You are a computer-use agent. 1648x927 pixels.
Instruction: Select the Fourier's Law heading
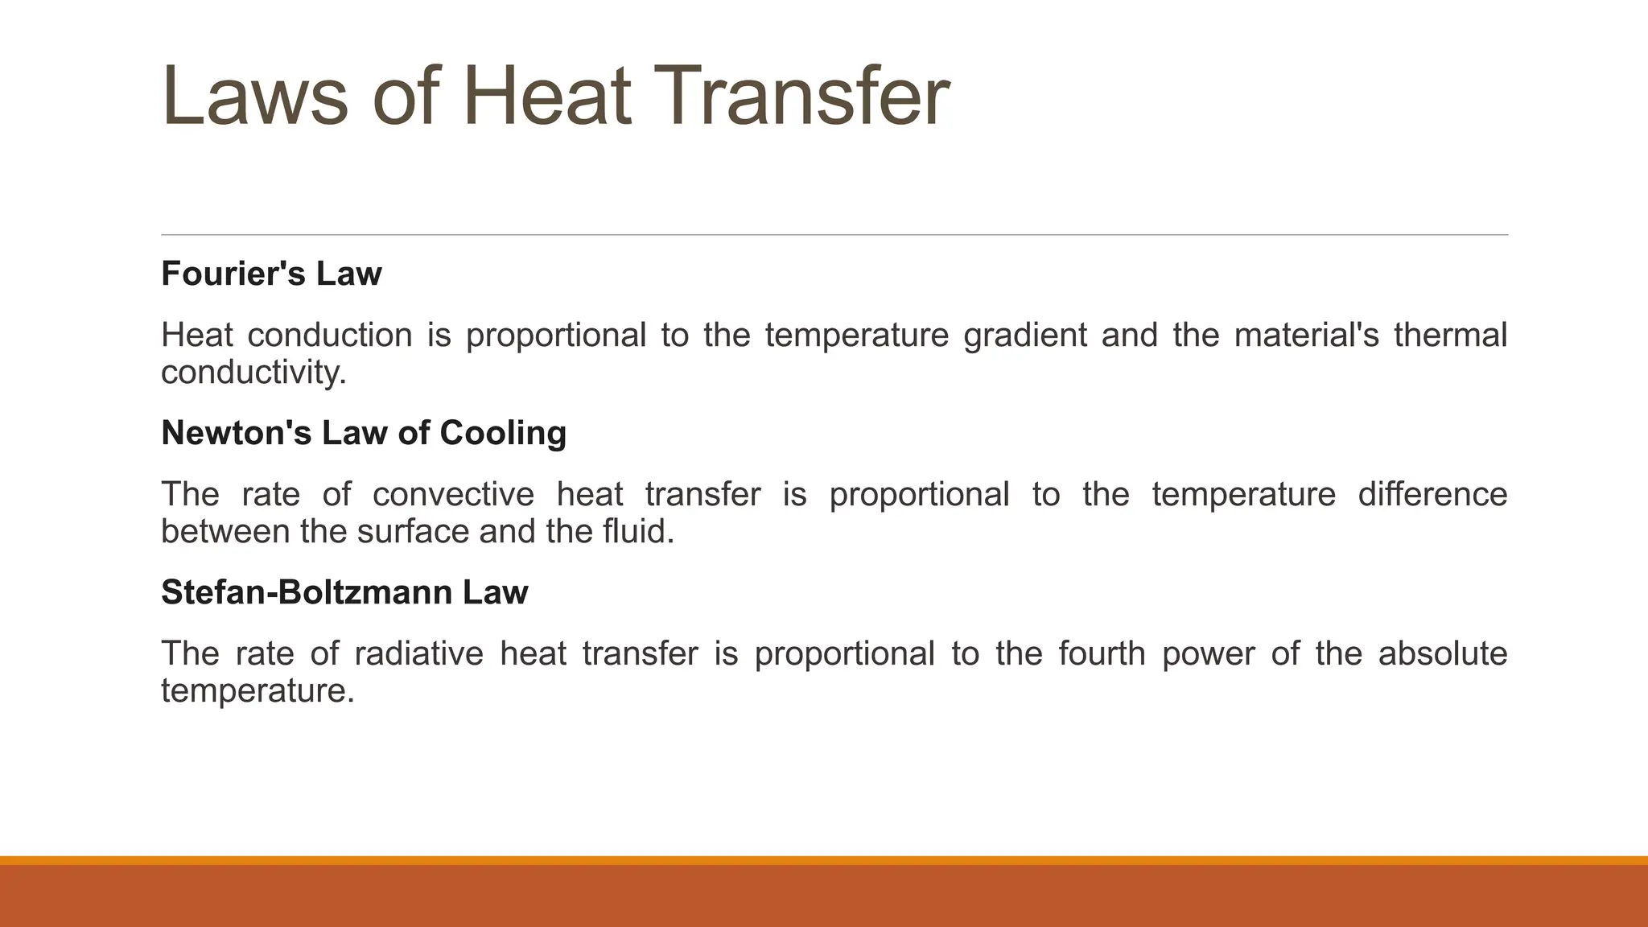pyautogui.click(x=271, y=274)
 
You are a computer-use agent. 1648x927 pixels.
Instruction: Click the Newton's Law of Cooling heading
pyautogui.click(x=364, y=433)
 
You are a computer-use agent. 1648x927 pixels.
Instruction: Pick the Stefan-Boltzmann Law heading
pyautogui.click(x=344, y=592)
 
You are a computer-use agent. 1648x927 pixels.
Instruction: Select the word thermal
pyautogui.click(x=1450, y=335)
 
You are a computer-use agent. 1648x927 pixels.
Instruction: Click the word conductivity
pyautogui.click(x=253, y=373)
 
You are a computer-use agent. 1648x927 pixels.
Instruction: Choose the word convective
pyautogui.click(x=453, y=494)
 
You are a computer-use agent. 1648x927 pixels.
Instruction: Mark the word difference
pyautogui.click(x=1432, y=494)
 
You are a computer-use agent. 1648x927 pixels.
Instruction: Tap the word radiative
pyautogui.click(x=418, y=653)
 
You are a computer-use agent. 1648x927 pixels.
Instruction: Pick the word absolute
pyautogui.click(x=1443, y=653)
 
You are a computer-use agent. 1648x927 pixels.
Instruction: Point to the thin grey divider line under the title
pyautogui.click(x=834, y=235)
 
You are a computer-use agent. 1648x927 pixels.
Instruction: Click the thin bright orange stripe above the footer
pyautogui.click(x=824, y=860)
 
